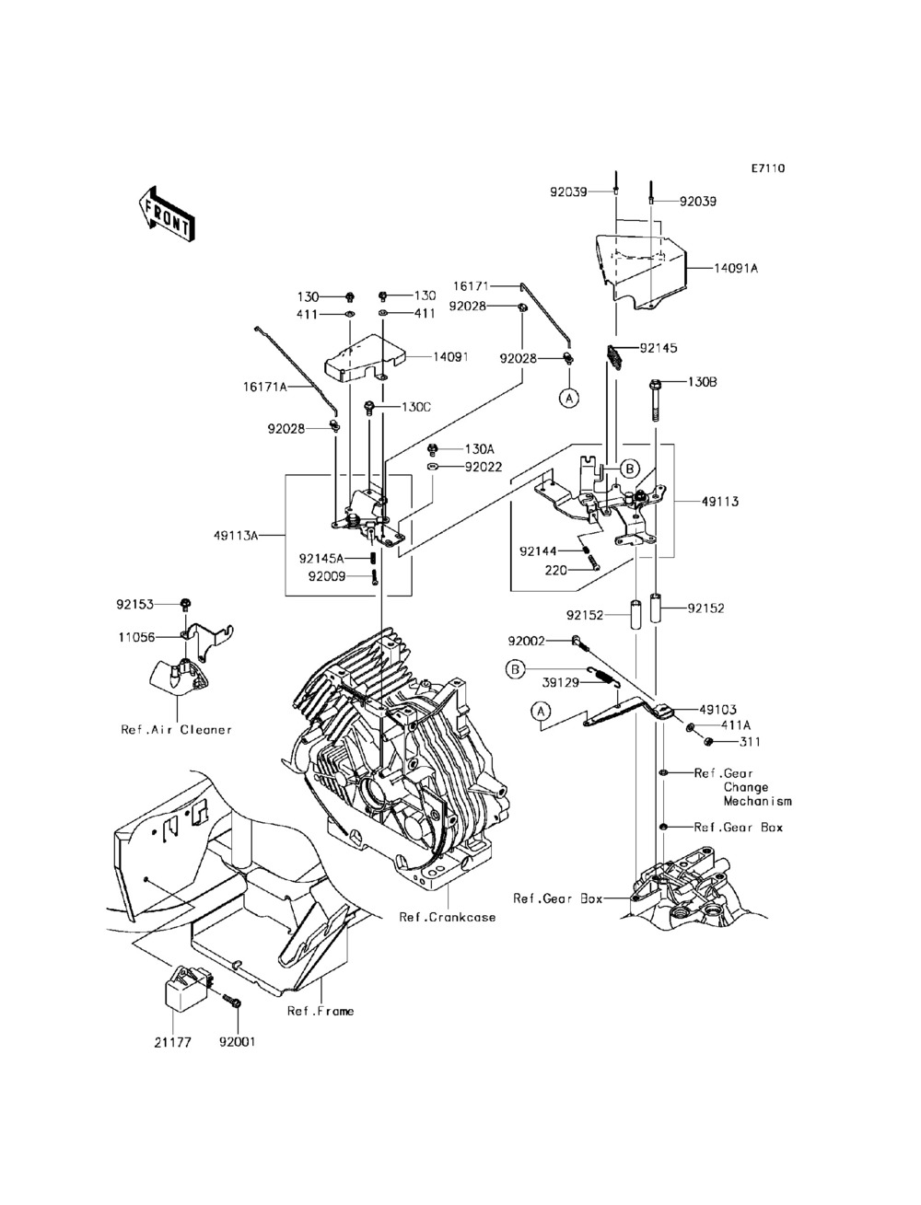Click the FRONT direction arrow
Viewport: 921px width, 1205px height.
pyautogui.click(x=166, y=214)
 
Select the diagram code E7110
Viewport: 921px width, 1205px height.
pyautogui.click(x=768, y=168)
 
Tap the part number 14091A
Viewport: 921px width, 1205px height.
pyautogui.click(x=736, y=268)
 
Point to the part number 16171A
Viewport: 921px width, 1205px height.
pyautogui.click(x=265, y=387)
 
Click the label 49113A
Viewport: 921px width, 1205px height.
pyautogui.click(x=236, y=535)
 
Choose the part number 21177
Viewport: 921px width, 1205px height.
pyautogui.click(x=172, y=1042)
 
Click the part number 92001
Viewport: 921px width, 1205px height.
pyautogui.click(x=238, y=1042)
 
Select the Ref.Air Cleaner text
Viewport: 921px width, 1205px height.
pyautogui.click(x=176, y=730)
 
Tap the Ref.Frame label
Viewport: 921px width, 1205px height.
pyautogui.click(x=321, y=1011)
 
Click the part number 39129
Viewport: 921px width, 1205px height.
pyautogui.click(x=561, y=682)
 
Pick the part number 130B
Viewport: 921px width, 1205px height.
pyautogui.click(x=703, y=382)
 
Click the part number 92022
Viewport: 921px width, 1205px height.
pyautogui.click(x=484, y=467)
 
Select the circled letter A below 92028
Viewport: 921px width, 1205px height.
pyautogui.click(x=569, y=398)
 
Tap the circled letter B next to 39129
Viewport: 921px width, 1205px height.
pyautogui.click(x=516, y=670)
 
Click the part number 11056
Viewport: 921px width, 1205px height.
pyautogui.click(x=136, y=637)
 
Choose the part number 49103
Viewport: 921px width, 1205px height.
pyautogui.click(x=717, y=710)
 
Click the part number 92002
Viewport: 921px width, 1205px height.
pyautogui.click(x=526, y=642)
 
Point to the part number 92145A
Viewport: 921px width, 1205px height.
pyautogui.click(x=321, y=559)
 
